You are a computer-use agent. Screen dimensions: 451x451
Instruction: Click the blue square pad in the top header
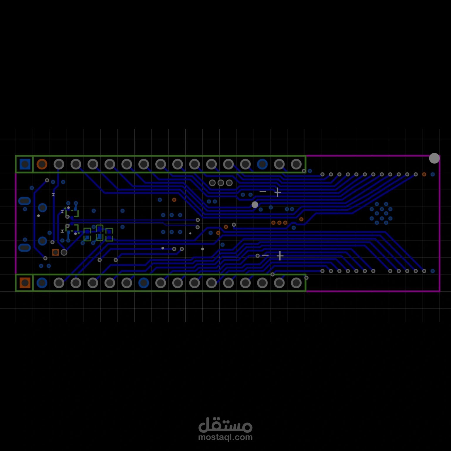point(25,164)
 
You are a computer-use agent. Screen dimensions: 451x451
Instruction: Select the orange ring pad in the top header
point(42,164)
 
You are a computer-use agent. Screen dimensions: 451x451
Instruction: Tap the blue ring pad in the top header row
point(262,164)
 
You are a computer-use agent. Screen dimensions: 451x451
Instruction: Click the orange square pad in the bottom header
point(25,283)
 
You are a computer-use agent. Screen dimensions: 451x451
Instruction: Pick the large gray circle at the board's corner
point(434,158)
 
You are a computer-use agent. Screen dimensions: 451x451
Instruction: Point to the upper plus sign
point(278,192)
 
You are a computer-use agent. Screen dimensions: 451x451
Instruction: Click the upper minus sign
point(263,192)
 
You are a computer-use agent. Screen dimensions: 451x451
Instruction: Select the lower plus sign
point(280,256)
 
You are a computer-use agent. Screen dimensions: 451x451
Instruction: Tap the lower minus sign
point(265,255)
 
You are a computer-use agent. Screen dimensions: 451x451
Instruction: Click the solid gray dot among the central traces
point(255,205)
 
